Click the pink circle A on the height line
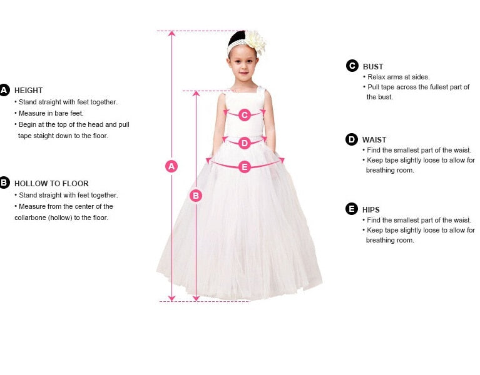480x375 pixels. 171,166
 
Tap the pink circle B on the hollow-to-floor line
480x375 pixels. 196,196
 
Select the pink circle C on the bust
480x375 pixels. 245,115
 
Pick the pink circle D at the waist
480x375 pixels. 245,143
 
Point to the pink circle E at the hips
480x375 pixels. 245,167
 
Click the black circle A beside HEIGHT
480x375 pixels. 4,90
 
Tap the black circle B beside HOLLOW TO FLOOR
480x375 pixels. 4,182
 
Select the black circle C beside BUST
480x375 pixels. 352,66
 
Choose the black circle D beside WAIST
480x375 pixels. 352,139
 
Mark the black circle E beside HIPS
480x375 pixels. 352,209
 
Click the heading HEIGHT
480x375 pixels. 28,91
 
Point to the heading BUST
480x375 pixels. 373,67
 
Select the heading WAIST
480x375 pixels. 374,139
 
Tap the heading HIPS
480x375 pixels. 370,209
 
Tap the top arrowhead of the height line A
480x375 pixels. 171,33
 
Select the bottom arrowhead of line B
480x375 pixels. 197,298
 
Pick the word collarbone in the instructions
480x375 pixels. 30,217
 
